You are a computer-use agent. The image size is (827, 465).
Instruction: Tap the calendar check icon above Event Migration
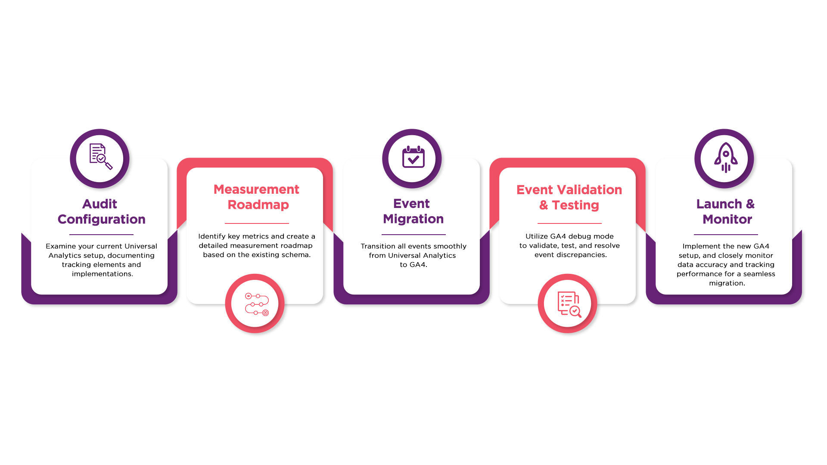[x=413, y=158]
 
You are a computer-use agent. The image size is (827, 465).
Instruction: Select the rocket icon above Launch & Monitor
[x=725, y=158]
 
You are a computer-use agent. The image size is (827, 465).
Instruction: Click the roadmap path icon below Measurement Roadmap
[x=256, y=304]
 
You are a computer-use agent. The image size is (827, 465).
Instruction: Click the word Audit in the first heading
[x=99, y=204]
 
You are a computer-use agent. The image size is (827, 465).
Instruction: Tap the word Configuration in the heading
[x=102, y=219]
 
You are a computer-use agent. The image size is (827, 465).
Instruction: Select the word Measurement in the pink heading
[x=256, y=189]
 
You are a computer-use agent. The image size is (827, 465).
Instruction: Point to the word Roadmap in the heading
[x=258, y=205]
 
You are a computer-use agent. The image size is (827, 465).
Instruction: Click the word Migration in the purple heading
[x=413, y=219]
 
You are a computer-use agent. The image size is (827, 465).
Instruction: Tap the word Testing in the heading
[x=575, y=205]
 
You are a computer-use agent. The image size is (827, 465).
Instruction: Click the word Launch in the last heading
[x=719, y=204]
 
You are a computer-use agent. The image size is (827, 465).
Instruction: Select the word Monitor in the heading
[x=727, y=219]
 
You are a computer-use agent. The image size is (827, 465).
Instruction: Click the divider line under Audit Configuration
[x=101, y=235]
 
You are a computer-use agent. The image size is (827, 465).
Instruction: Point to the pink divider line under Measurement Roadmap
[x=257, y=223]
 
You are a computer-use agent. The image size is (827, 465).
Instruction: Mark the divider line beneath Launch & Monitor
[x=726, y=235]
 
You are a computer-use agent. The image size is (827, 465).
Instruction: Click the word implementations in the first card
[x=102, y=274]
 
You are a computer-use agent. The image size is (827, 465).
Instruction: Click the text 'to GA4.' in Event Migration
[x=413, y=265]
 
